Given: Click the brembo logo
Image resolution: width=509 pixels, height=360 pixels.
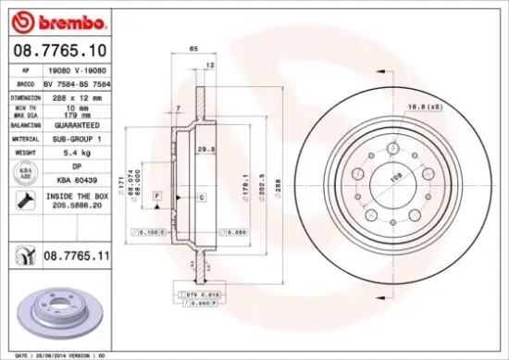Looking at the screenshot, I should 46,19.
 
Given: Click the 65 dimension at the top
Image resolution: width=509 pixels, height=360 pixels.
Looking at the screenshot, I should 194,47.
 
